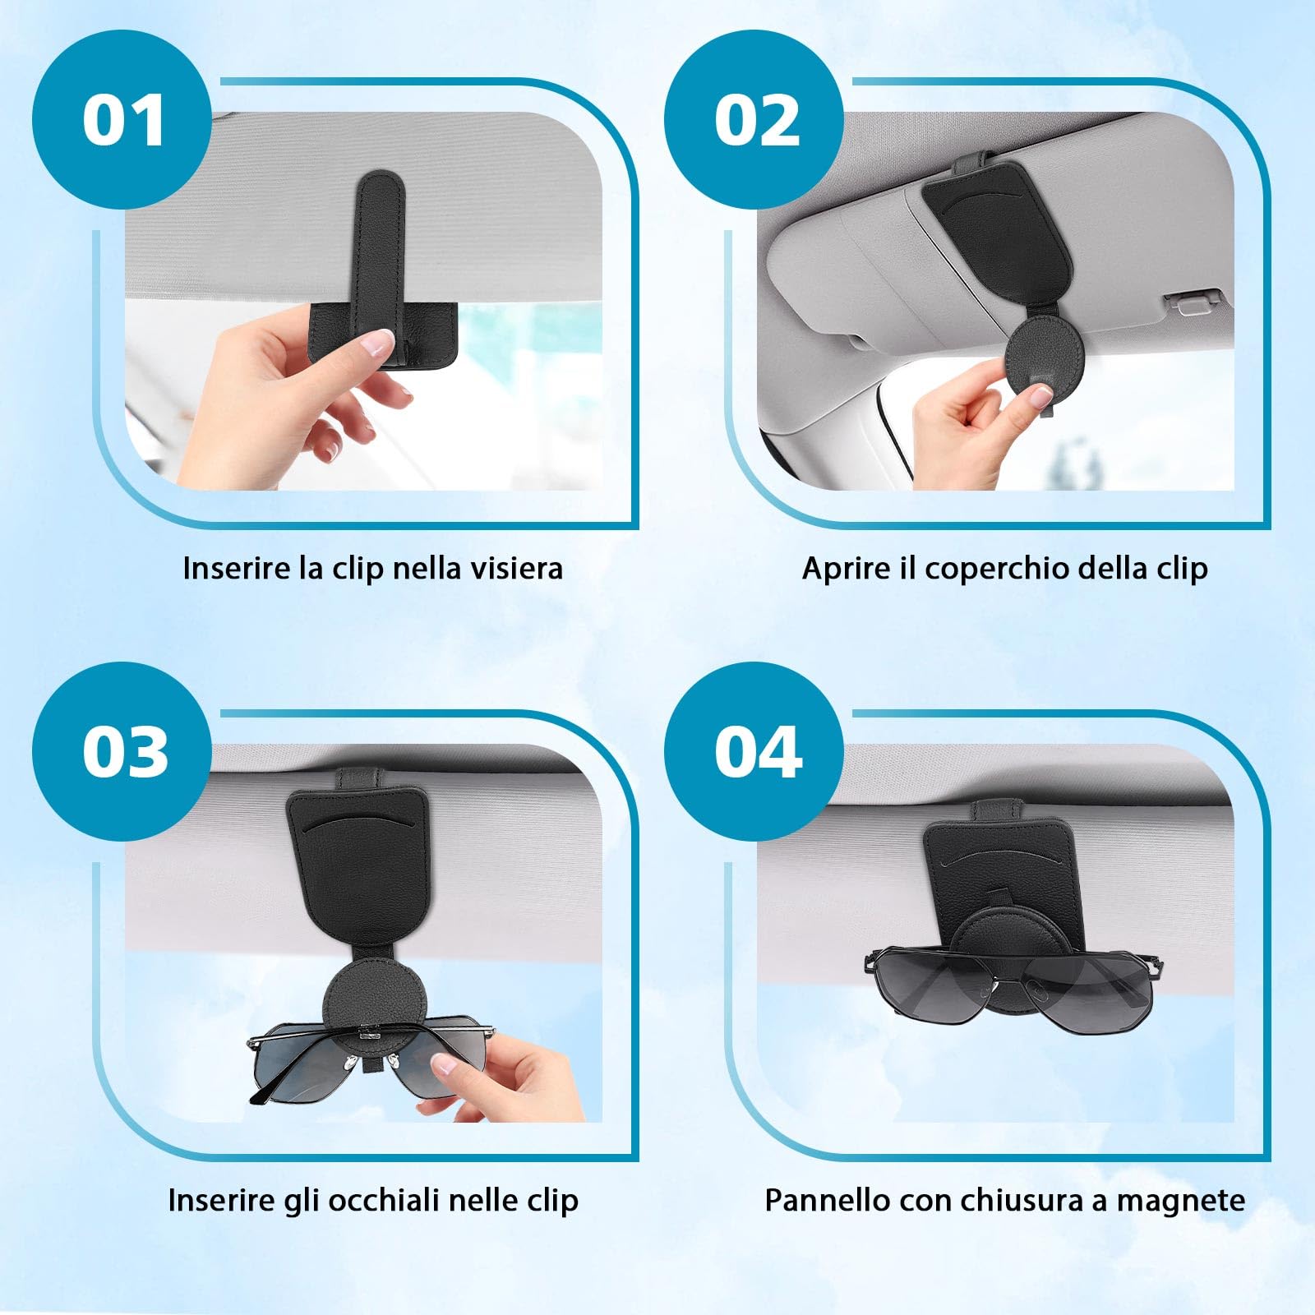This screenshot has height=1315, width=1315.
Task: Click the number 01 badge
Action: (x=122, y=120)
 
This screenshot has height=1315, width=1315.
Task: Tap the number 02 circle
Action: (x=754, y=120)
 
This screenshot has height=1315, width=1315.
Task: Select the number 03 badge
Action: (x=122, y=751)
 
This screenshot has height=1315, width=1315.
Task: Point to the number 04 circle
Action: (x=754, y=751)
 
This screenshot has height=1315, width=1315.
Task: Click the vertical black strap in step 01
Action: (x=379, y=247)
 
